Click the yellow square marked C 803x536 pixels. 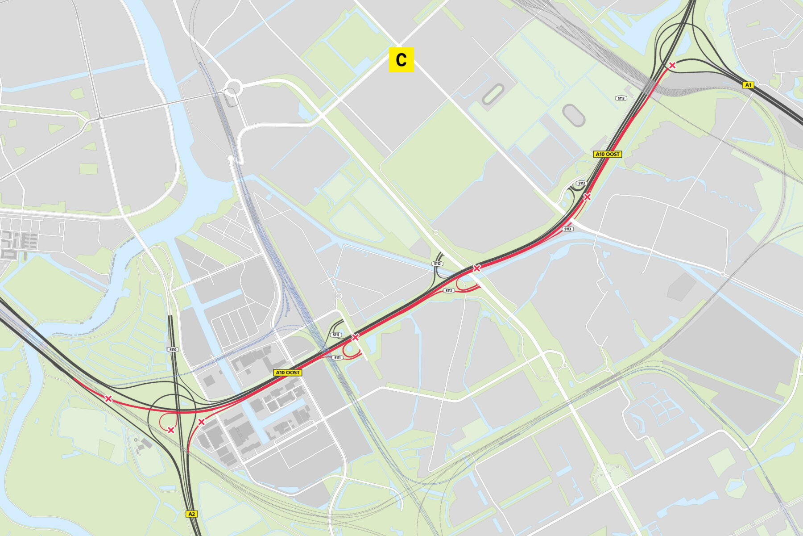[x=401, y=59]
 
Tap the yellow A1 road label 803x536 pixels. [x=748, y=85]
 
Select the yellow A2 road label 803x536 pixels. [x=191, y=514]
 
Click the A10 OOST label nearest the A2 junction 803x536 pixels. [x=288, y=373]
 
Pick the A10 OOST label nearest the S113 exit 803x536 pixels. [x=608, y=154]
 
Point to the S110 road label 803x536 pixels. [x=173, y=350]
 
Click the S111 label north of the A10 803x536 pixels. [x=336, y=335]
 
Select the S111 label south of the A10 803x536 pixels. [x=338, y=358]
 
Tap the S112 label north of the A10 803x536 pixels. [x=437, y=264]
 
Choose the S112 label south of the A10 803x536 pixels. [x=449, y=291]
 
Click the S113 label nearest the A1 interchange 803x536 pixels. [x=621, y=98]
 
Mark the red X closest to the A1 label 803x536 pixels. [x=672, y=65]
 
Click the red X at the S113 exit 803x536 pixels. [x=587, y=197]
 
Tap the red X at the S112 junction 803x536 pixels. [x=476, y=268]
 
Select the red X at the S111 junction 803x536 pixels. [x=355, y=337]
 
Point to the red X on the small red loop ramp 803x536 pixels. [x=171, y=430]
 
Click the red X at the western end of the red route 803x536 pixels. [x=108, y=398]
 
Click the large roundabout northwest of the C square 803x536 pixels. [x=232, y=87]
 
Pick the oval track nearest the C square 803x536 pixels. [x=492, y=95]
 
